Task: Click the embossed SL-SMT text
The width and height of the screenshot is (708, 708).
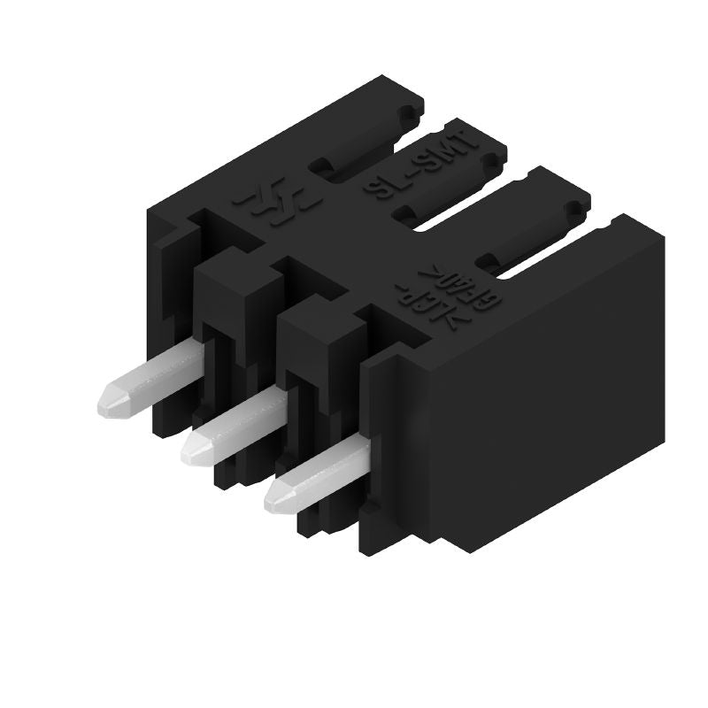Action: [422, 164]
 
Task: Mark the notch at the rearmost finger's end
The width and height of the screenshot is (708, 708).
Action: [409, 116]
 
